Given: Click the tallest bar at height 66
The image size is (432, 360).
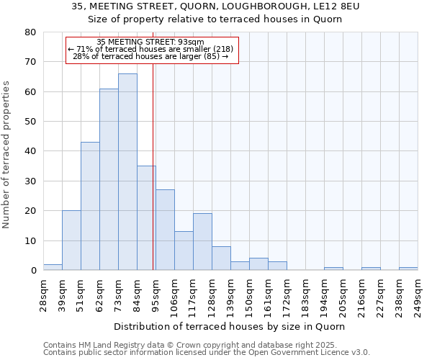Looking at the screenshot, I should [127, 172].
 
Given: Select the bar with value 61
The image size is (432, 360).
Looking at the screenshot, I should [109, 179].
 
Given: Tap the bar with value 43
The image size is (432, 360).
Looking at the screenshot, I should [90, 206].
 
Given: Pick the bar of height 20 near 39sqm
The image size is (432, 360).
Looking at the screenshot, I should [71, 240].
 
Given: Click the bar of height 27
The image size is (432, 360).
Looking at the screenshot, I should [165, 230].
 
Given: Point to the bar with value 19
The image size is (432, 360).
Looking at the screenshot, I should [202, 242].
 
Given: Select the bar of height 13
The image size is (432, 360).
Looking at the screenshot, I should [184, 251].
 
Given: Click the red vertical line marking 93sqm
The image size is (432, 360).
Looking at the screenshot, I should [153, 166].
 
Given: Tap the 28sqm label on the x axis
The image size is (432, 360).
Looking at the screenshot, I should [42, 293].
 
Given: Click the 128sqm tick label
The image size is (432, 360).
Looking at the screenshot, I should [211, 293].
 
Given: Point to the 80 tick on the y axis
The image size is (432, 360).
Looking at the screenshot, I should [30, 32].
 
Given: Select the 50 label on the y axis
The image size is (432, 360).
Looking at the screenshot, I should [30, 122].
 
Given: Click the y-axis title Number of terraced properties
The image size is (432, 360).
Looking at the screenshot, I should [6, 155].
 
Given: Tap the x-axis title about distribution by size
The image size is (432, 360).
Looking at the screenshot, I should [230, 326].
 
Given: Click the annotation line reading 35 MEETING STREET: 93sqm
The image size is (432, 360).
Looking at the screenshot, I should [150, 42].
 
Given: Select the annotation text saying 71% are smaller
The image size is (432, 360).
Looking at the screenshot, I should [150, 49].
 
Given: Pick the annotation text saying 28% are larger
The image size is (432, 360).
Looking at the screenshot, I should [150, 56].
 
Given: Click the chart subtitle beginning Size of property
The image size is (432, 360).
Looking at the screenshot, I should [216, 19].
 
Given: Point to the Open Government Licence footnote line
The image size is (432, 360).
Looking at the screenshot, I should [207, 352].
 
